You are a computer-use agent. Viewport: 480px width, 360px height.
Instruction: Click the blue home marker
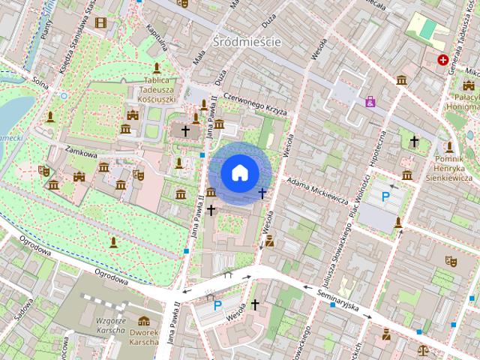pos(238,172)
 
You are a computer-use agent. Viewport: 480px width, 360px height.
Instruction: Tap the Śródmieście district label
pos(247,41)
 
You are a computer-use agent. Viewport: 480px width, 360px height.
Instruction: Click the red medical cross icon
pos(443,59)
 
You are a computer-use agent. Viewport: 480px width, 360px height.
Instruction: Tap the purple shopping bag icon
pos(370,101)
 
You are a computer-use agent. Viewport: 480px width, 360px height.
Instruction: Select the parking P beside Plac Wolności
pos(386,197)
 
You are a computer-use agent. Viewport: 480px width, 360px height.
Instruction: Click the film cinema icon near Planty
pos(100,22)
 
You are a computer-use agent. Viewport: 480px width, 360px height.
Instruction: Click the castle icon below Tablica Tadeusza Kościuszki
pos(133,115)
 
